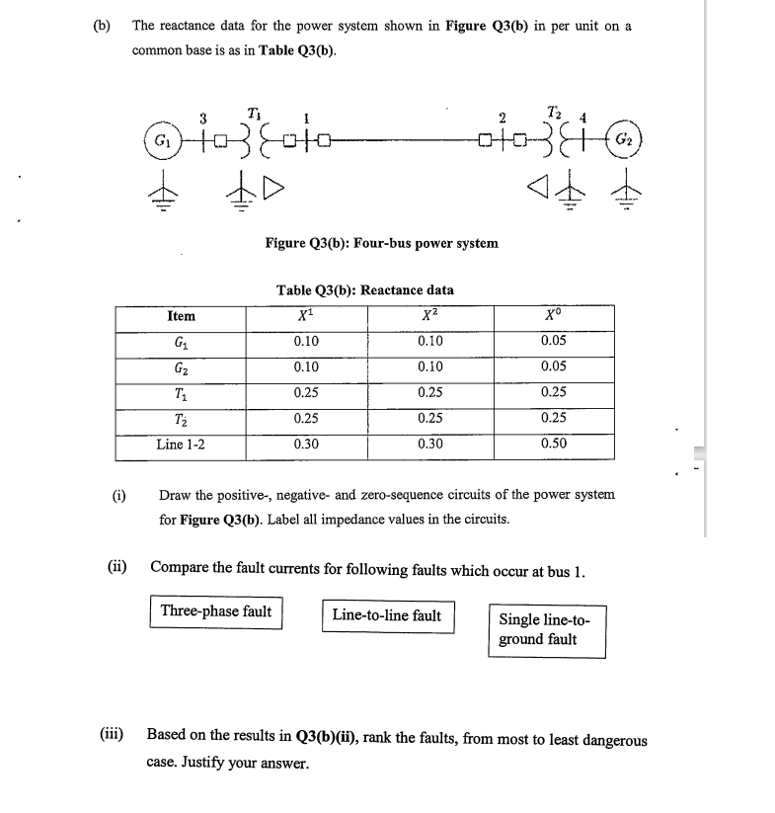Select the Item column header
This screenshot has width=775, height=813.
[x=182, y=316]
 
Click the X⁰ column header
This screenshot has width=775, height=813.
[x=554, y=316]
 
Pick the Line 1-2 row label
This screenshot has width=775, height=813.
[x=182, y=445]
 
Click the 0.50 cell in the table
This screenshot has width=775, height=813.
[x=554, y=445]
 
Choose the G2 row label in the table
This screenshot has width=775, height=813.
[x=182, y=366]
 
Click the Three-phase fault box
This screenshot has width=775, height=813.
[x=216, y=611]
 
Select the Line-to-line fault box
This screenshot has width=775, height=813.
[x=387, y=615]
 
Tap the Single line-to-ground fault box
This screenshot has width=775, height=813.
[x=545, y=630]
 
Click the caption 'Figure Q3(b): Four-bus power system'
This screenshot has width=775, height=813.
[x=381, y=242]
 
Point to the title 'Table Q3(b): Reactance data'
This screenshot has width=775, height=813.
[x=365, y=289]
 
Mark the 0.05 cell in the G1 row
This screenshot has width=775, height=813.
[x=554, y=341]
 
